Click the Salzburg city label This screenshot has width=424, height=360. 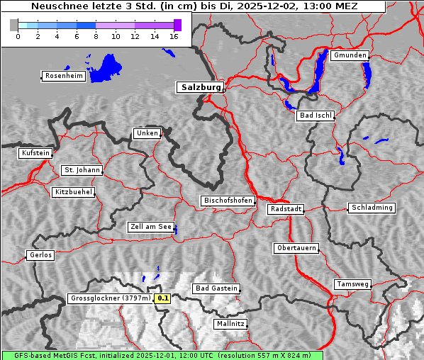click(x=200, y=87)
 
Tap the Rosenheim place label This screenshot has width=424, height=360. click(x=63, y=76)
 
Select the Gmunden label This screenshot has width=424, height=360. click(x=350, y=55)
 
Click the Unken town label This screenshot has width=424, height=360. click(x=146, y=133)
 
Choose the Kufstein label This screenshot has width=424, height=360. click(x=35, y=153)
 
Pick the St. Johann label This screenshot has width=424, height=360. click(x=82, y=170)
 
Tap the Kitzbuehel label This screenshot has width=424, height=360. click(x=73, y=192)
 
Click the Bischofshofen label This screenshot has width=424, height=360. click(x=228, y=201)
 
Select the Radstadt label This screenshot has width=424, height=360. click(x=286, y=209)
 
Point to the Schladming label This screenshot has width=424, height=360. click(x=372, y=208)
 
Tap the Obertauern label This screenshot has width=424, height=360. click(x=296, y=248)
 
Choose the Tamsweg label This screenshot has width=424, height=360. click(x=352, y=284)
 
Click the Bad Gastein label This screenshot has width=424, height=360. click(x=216, y=288)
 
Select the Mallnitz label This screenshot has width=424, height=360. click(x=230, y=324)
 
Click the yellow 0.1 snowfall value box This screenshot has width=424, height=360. click(x=163, y=298)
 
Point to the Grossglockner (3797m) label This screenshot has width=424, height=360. click(x=111, y=298)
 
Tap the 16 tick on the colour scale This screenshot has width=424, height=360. click(x=174, y=36)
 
